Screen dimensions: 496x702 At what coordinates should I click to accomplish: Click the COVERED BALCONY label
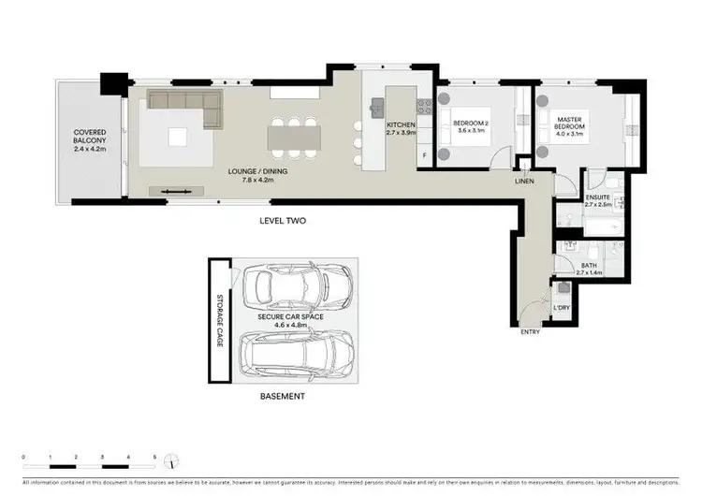(90, 140)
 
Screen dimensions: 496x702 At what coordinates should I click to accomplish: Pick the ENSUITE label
(598, 202)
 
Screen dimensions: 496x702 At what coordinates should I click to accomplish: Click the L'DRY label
(562, 308)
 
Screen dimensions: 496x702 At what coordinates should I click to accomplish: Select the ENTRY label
(530, 331)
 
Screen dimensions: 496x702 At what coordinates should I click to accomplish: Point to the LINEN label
(524, 182)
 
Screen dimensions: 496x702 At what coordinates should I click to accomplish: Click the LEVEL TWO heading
(284, 221)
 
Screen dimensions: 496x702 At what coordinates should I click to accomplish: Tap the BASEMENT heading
(282, 397)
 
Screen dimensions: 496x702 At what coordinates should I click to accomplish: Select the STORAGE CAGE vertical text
(221, 319)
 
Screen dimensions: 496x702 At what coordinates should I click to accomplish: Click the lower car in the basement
(297, 356)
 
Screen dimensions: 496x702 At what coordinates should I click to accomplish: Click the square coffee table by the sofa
(177, 137)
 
